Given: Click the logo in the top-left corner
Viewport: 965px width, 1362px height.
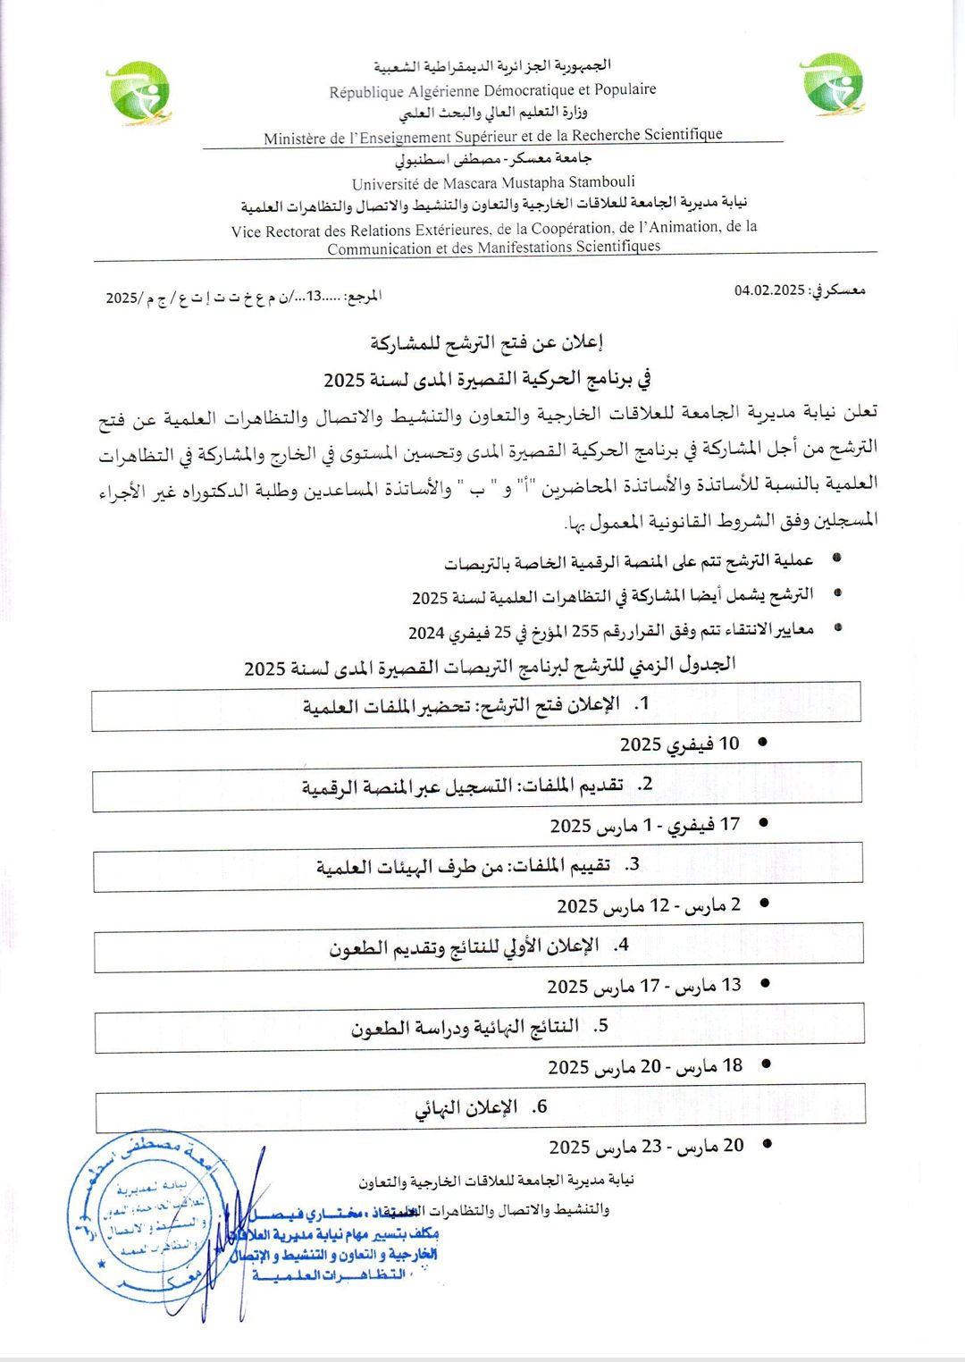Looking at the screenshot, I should point(138,92).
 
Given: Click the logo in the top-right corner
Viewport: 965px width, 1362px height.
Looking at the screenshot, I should point(833,85).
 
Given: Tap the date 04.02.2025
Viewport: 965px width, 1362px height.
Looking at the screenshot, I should point(769,290).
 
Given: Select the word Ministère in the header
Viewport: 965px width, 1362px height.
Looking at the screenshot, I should point(295,139).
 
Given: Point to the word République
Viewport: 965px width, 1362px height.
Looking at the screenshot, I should point(366,91).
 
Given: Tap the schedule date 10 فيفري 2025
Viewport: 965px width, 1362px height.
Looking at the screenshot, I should point(680,744).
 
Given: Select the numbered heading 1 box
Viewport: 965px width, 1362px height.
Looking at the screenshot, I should point(476,706).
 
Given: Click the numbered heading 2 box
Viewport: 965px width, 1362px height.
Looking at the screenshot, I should point(477,786).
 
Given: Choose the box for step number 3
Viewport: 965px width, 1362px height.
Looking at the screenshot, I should point(478,866).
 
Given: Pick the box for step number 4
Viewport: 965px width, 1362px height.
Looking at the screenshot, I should point(479,946).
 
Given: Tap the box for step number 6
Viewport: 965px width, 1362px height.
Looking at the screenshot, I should point(481,1107).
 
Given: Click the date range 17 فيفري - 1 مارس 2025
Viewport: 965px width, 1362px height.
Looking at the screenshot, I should point(645,825).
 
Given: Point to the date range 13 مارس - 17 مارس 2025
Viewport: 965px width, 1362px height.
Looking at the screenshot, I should point(644,986).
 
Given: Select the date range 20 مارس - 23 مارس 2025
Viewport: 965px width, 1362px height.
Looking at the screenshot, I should point(646,1147).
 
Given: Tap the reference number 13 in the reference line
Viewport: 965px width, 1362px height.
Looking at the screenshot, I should point(315,297).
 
